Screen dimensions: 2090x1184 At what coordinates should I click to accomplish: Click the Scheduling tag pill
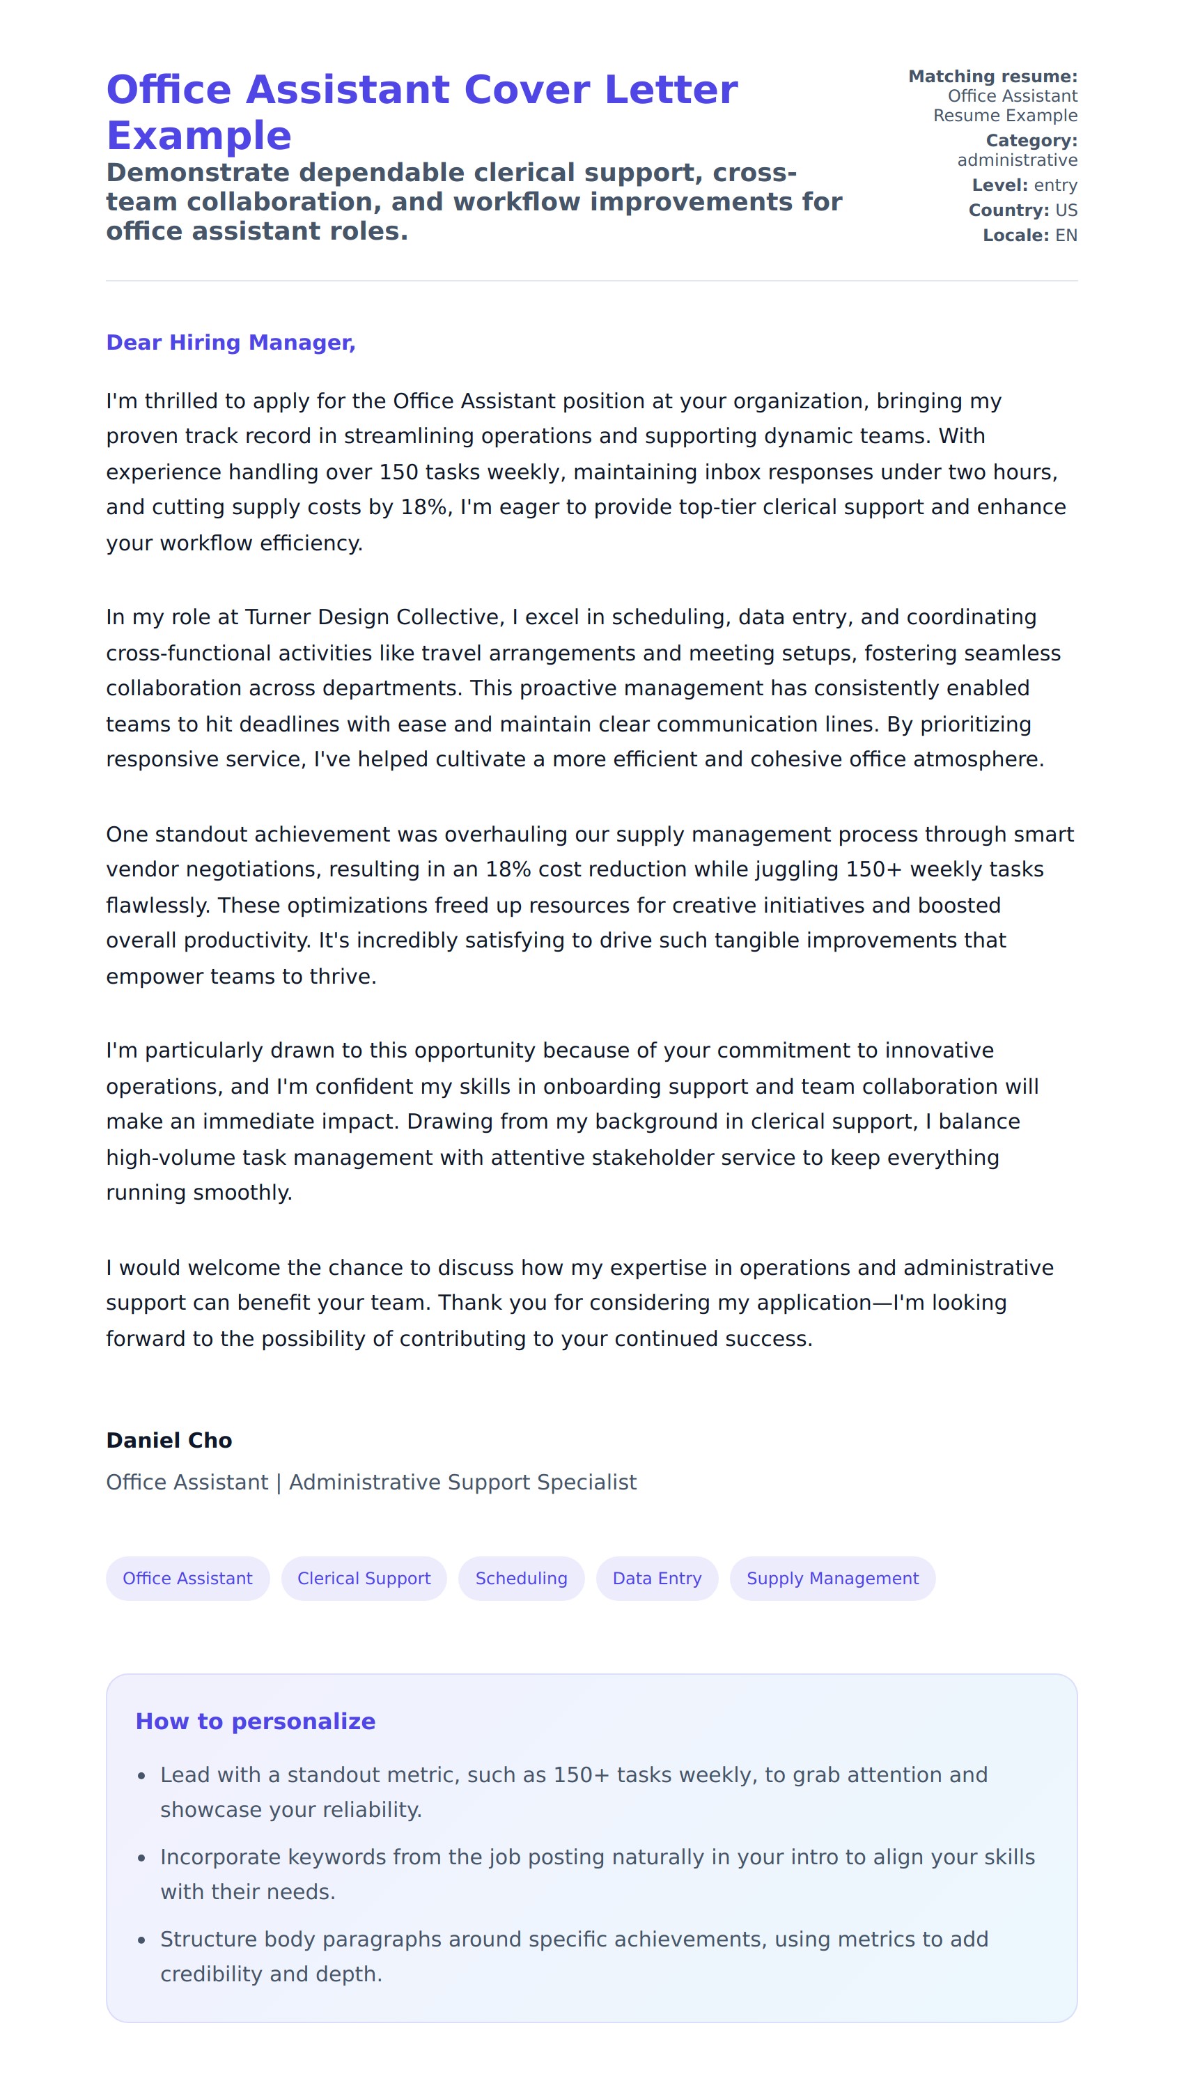[521, 1579]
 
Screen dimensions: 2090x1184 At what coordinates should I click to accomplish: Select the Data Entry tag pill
[656, 1579]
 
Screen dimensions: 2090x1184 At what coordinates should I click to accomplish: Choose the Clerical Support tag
[364, 1579]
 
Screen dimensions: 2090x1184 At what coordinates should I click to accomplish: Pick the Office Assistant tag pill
[187, 1579]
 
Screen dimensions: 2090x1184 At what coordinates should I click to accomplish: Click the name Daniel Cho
[169, 1440]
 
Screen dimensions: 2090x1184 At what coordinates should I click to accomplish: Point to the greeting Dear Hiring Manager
[231, 342]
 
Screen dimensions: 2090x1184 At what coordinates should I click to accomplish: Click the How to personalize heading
[256, 1721]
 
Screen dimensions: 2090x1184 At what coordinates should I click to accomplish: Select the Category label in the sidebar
[1031, 141]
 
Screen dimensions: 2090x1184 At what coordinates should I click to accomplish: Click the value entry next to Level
[1056, 185]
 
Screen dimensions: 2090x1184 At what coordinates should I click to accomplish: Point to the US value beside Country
[1066, 210]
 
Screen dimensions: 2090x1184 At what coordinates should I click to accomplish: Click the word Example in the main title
[199, 136]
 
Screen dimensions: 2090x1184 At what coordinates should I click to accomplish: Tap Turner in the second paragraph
[277, 617]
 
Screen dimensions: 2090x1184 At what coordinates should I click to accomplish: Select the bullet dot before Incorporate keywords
[141, 1859]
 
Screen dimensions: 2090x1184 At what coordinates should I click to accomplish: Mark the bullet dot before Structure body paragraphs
[141, 1941]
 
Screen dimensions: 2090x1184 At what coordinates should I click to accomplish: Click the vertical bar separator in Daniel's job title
[278, 1483]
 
